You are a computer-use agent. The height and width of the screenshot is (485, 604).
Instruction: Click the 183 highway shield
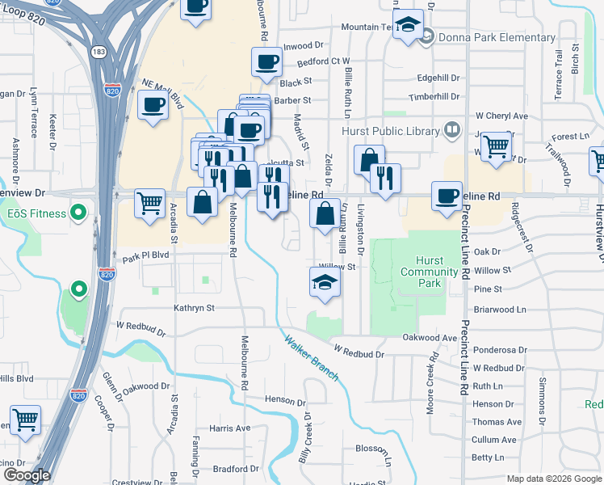99,52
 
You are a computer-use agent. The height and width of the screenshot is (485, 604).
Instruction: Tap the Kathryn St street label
194,308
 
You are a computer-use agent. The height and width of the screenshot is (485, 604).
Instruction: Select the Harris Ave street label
229,428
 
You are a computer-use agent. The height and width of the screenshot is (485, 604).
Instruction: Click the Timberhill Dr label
434,96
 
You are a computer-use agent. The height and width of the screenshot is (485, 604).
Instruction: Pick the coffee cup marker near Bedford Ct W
266,61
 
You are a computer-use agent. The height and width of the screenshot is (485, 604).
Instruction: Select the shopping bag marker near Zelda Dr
325,214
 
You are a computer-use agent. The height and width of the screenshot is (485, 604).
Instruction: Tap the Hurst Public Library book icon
452,130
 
